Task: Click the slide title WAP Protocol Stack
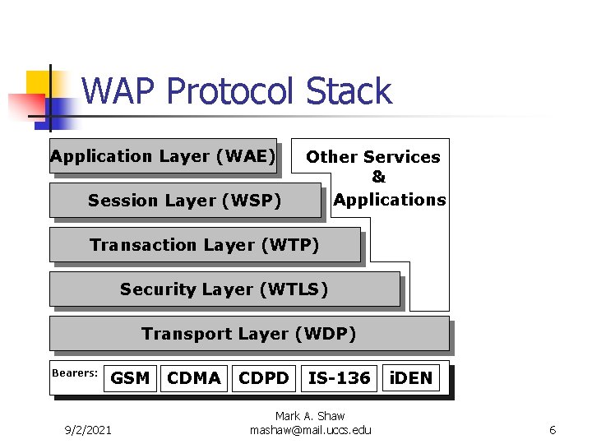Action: pyautogui.click(x=237, y=91)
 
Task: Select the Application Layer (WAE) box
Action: pyautogui.click(x=162, y=156)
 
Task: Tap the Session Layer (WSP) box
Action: pyautogui.click(x=184, y=201)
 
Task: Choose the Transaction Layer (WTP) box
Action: pyautogui.click(x=204, y=245)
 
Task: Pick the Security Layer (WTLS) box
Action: pyautogui.click(x=224, y=289)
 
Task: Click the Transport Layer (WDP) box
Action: pyautogui.click(x=248, y=334)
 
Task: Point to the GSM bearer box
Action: pyautogui.click(x=130, y=378)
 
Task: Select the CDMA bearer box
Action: pyautogui.click(x=194, y=378)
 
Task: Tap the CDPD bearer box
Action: pyautogui.click(x=264, y=378)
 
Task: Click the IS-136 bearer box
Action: pyautogui.click(x=339, y=378)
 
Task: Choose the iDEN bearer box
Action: pyautogui.click(x=410, y=378)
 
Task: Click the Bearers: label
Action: pyautogui.click(x=75, y=373)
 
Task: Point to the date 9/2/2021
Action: pyautogui.click(x=88, y=430)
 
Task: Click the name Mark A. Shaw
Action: pyautogui.click(x=310, y=416)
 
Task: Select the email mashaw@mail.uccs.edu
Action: pyautogui.click(x=310, y=430)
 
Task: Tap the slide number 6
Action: pyautogui.click(x=553, y=430)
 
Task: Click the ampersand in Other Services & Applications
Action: pyautogui.click(x=378, y=178)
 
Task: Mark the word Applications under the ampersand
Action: pyautogui.click(x=390, y=200)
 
